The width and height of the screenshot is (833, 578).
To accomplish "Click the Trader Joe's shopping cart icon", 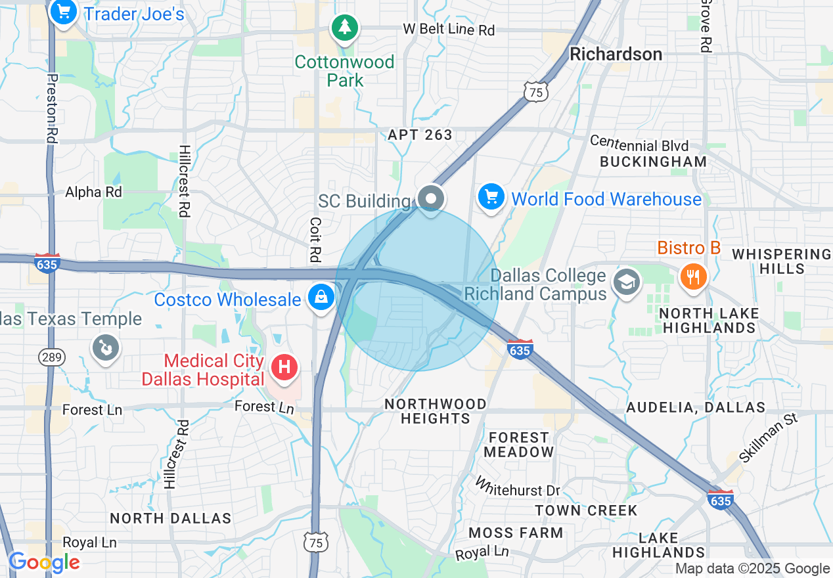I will click(64, 12).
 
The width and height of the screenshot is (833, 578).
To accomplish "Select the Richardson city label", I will click(616, 54).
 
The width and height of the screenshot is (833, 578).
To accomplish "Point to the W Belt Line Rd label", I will click(448, 30).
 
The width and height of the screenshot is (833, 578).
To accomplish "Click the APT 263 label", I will click(420, 135).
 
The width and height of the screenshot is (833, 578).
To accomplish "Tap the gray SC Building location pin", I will click(431, 198).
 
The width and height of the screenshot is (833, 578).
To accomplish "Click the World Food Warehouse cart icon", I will click(491, 196).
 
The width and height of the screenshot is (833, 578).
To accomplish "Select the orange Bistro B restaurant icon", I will click(692, 275).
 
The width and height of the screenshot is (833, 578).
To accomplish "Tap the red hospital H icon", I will click(284, 367).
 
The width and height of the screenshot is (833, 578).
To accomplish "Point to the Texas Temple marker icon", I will click(105, 346).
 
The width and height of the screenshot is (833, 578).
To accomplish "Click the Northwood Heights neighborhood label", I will click(436, 411).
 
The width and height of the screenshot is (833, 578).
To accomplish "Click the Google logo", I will click(45, 562).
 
